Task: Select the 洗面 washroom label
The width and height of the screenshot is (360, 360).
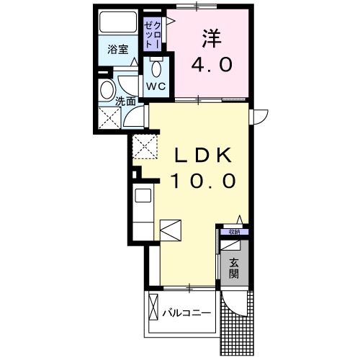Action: coord(127,102)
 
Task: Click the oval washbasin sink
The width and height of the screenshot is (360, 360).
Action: coord(107,91)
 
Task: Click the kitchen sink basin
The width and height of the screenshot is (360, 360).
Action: coord(142,196)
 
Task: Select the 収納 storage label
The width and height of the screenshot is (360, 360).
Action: coord(235,232)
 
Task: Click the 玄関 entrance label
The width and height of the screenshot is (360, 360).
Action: coord(235,269)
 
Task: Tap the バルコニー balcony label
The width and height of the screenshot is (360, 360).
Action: coord(186,312)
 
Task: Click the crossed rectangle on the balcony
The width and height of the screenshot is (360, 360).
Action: coord(153,307)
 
